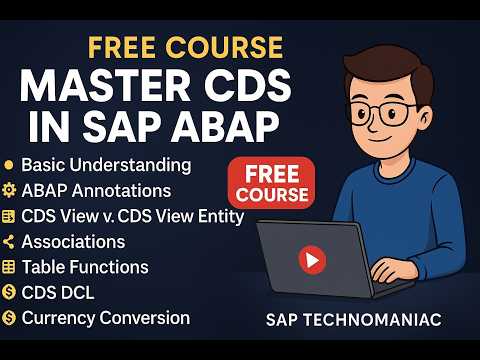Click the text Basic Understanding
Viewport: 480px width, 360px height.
click(x=106, y=163)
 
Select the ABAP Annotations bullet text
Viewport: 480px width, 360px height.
click(x=96, y=190)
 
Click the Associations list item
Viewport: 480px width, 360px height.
click(x=73, y=242)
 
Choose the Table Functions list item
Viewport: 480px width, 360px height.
click(x=85, y=267)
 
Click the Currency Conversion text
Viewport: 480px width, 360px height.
click(x=105, y=318)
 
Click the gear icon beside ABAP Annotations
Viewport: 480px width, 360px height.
click(x=9, y=190)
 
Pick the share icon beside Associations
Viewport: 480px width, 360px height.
click(x=9, y=242)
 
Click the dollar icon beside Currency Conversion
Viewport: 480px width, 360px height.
click(x=9, y=318)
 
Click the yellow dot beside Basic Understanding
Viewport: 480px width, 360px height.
click(x=9, y=163)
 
